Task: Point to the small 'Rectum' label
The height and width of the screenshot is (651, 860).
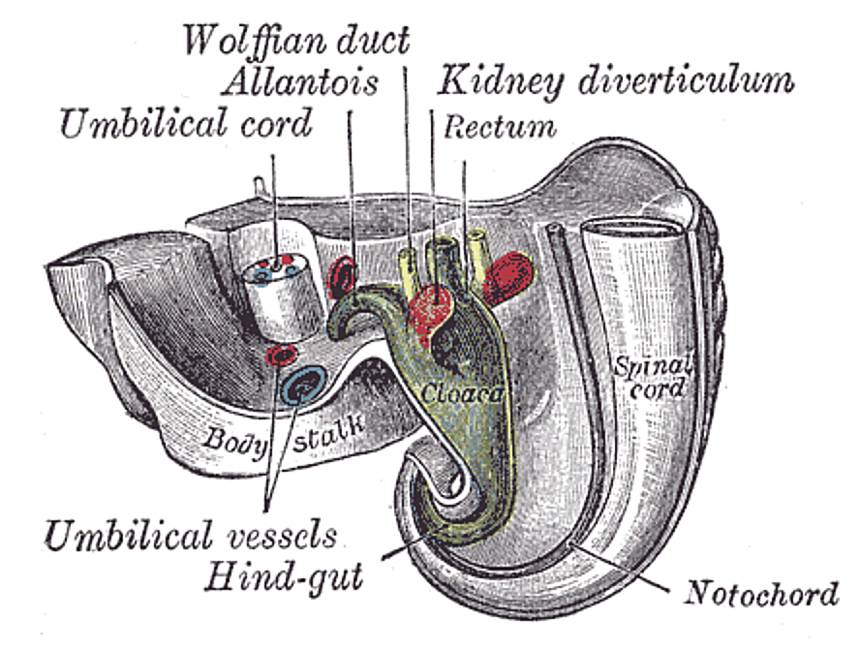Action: point(500,126)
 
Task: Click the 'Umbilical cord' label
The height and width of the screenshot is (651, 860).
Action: point(187,124)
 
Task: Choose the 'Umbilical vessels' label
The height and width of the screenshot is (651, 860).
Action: point(190,534)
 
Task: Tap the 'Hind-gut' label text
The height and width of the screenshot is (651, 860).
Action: point(284,577)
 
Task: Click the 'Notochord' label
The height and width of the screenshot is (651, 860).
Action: point(762,593)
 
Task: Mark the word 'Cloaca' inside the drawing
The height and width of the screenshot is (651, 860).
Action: point(461,393)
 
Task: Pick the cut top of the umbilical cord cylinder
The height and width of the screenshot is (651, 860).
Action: point(277,270)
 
